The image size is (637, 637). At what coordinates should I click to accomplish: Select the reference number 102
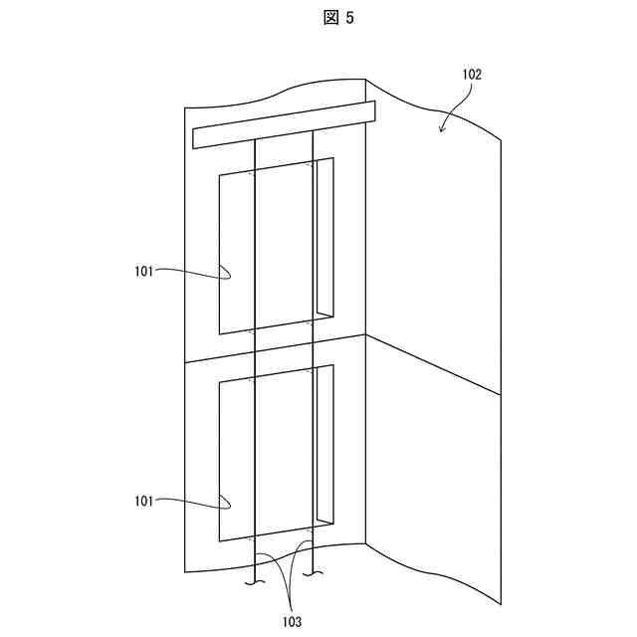coord(472,74)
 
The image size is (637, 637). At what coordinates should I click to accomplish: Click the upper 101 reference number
coord(144,270)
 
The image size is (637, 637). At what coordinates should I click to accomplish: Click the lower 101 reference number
coord(144,501)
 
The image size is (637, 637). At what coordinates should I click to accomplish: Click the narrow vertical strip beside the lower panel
coord(324,444)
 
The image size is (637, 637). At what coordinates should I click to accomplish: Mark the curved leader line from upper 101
coord(194,270)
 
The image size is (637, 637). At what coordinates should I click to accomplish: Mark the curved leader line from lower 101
coord(194,500)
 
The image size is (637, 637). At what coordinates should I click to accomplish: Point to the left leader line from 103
coord(272,577)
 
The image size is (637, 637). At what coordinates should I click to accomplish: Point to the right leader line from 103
coord(300,572)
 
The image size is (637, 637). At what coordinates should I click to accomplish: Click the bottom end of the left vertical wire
coord(256,581)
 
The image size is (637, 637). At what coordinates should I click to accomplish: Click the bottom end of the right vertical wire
coord(315,574)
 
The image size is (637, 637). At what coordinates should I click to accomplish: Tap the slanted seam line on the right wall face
coord(432,364)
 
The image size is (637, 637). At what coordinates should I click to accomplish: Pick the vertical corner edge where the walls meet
coord(366,299)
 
